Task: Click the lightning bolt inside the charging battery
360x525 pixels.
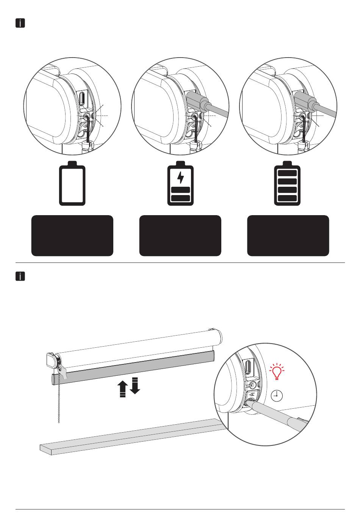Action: point(180,177)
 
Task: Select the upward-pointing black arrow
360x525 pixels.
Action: point(122,389)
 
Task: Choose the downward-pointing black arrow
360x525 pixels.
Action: point(135,386)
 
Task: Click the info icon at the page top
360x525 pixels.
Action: point(20,23)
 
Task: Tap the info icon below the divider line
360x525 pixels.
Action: point(20,277)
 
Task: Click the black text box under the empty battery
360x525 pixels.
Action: point(72,236)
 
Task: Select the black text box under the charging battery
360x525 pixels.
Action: point(180,236)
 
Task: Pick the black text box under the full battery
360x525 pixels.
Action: point(288,236)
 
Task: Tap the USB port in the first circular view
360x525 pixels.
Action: point(82,98)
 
